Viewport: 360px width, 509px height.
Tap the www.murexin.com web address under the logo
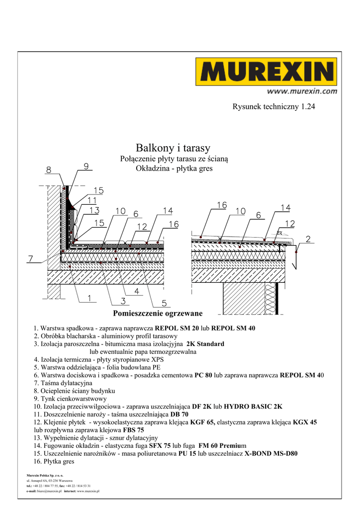point(302,91)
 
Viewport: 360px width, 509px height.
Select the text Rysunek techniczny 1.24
point(274,106)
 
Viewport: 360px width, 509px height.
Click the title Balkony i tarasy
point(173,148)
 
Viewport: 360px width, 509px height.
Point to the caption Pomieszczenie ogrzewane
point(158,313)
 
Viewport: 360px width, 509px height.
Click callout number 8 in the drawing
point(48,170)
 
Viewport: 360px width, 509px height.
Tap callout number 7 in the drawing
point(30,258)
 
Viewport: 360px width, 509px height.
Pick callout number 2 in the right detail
point(308,239)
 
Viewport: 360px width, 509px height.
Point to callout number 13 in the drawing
point(94,211)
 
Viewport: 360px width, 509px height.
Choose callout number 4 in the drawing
point(136,291)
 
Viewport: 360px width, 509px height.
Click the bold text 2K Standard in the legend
point(205,343)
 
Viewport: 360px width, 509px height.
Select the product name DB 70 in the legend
point(180,414)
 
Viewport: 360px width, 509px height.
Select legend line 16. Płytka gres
point(54,461)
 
